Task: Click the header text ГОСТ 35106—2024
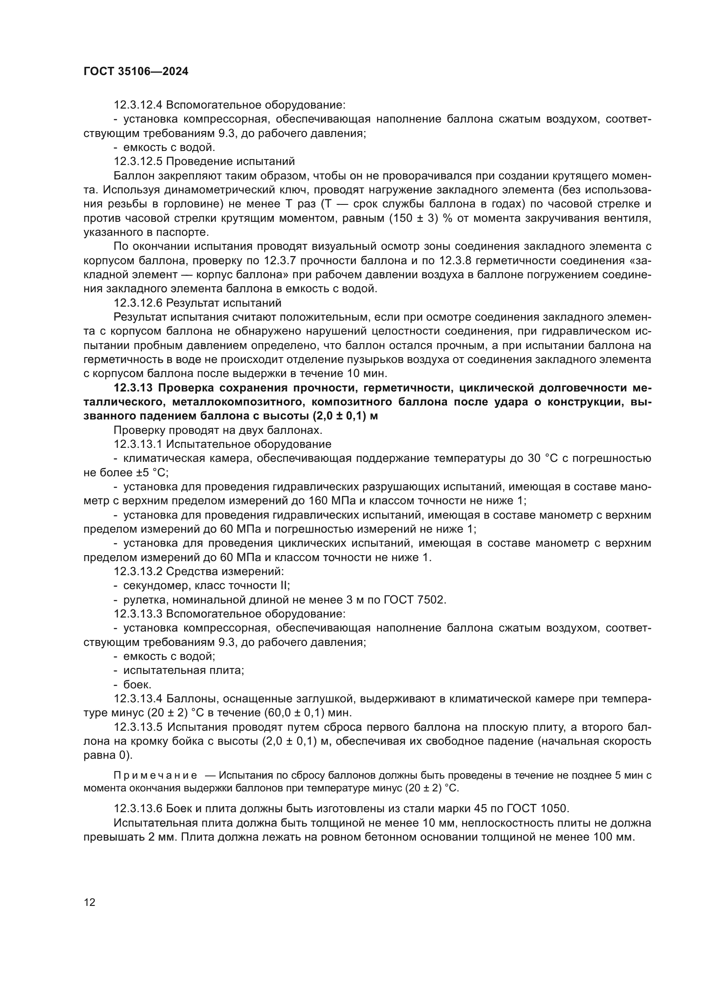[136, 72]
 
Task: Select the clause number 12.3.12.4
[138, 105]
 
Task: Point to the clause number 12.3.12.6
[138, 303]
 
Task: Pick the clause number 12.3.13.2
[138, 572]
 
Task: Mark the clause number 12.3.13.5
[138, 727]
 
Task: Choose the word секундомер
[157, 586]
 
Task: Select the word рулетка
[142, 600]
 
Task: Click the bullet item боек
[137, 685]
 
